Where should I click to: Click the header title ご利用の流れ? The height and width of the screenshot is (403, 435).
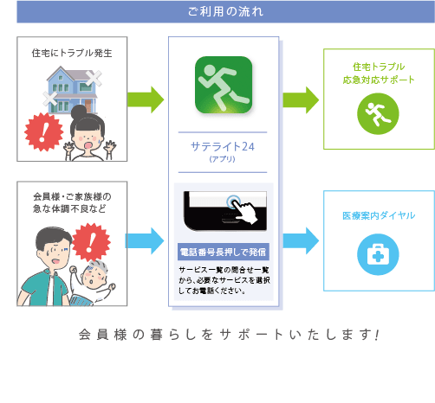(x=225, y=12)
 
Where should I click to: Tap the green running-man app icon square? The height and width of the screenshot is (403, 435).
(x=224, y=85)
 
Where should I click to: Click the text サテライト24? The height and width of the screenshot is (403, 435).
(x=223, y=147)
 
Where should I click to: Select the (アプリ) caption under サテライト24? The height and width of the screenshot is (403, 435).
(x=223, y=159)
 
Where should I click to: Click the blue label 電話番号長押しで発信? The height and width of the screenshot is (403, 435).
(x=224, y=252)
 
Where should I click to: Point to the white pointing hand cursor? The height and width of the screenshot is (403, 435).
(x=244, y=211)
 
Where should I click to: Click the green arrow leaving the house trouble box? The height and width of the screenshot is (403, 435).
(x=146, y=99)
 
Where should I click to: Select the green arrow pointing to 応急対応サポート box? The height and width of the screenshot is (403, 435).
(x=301, y=99)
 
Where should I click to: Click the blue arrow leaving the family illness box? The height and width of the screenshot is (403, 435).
(x=145, y=240)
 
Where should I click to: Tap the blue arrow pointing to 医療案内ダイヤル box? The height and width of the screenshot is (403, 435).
(x=301, y=240)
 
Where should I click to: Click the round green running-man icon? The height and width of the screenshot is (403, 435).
(x=378, y=113)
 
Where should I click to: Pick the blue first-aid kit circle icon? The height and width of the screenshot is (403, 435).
(x=378, y=254)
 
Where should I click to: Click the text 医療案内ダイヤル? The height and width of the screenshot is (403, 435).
(x=379, y=215)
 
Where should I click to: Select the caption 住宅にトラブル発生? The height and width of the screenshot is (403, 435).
(x=72, y=53)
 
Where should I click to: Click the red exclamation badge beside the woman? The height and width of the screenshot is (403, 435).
(x=44, y=132)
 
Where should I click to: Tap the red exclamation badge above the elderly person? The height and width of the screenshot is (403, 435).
(x=91, y=242)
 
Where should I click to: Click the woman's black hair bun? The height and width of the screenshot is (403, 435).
(x=79, y=112)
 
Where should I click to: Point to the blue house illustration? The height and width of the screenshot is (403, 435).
(x=72, y=90)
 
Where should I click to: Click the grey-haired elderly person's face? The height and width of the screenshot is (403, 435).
(x=93, y=277)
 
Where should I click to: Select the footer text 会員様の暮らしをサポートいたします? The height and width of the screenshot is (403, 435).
(x=229, y=335)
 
